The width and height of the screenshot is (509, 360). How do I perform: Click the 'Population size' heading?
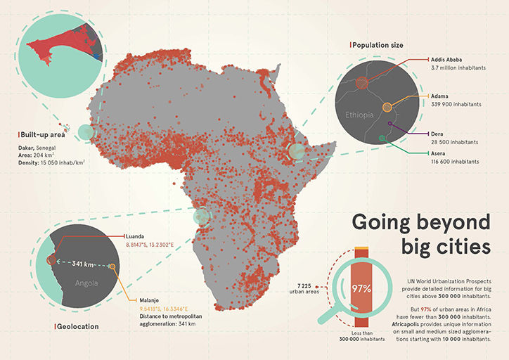(x=378, y=45)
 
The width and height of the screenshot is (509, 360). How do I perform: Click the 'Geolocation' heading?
(x=79, y=326)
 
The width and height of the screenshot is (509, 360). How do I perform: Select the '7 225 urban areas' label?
(x=304, y=289)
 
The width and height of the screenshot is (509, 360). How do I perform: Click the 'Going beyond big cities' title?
(x=420, y=234)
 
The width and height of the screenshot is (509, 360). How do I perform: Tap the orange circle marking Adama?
(x=387, y=107)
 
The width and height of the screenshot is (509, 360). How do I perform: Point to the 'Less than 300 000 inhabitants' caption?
(x=361, y=335)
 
